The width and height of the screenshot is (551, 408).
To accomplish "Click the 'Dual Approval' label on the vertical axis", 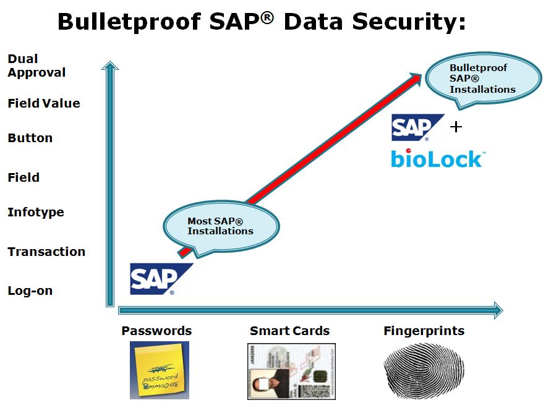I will tap(36, 66).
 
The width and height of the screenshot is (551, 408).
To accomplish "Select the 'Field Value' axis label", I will tap(44, 103).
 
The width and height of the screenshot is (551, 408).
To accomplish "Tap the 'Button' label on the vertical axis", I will tap(30, 138).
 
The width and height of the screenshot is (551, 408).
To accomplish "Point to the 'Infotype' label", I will tap(36, 212).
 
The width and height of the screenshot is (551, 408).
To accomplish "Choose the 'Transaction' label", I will tap(46, 252).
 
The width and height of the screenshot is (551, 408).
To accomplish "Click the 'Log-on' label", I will tap(30, 291).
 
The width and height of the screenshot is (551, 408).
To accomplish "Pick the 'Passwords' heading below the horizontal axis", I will tap(156, 331).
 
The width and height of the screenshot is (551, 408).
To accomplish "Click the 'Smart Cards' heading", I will tap(289, 331).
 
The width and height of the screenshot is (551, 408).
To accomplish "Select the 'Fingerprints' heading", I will tap(424, 331).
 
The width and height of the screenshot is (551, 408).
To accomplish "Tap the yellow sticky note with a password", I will tap(160, 370).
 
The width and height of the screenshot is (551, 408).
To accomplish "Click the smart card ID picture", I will tap(291, 371).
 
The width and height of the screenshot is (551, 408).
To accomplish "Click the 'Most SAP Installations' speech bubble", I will tap(221, 226).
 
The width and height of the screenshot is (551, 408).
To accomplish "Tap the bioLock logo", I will tap(437, 158).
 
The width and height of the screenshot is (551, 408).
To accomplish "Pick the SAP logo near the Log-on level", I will tap(159, 278).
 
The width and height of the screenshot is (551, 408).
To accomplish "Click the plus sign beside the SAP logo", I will tap(456, 127).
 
